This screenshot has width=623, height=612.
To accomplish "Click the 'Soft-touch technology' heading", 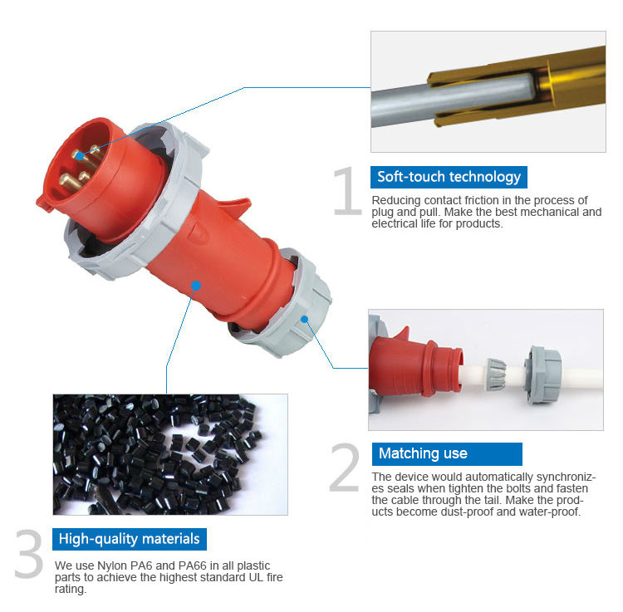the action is (449, 177).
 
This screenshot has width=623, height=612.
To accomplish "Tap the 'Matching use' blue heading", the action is (447, 454).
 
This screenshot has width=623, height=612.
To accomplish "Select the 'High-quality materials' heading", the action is (129, 539).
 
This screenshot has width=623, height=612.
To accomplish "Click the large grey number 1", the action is (348, 191).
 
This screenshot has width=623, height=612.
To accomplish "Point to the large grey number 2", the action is (345, 467).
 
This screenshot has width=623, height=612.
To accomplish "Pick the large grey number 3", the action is (28, 553).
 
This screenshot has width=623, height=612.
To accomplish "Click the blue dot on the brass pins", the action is (80, 156).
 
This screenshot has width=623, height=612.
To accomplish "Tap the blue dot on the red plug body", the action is (196, 286).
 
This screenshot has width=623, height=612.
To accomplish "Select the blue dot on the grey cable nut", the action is (305, 320).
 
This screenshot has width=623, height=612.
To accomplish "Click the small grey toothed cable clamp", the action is (496, 375).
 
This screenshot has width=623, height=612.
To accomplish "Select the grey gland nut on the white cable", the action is (542, 375).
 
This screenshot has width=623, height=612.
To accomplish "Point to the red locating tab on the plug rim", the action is (44, 203).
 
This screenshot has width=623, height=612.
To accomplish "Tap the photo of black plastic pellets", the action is (170, 454).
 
